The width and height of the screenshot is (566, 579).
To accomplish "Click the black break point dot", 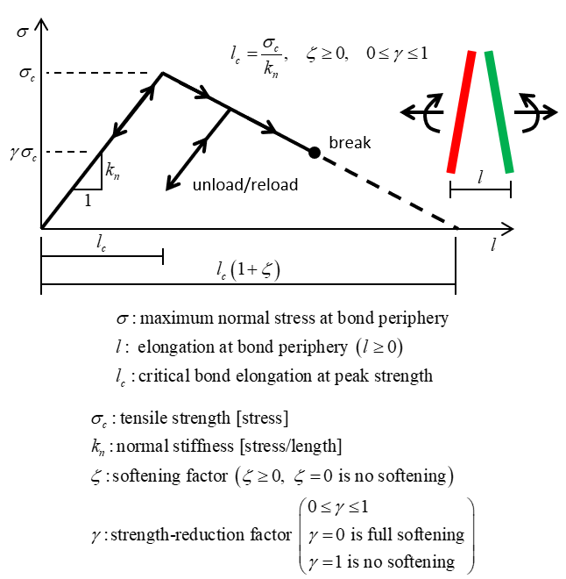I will pyautogui.click(x=314, y=152).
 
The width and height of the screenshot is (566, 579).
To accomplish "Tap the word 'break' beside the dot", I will pyautogui.click(x=350, y=142).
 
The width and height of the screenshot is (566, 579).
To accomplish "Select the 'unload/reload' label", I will pyautogui.click(x=244, y=184).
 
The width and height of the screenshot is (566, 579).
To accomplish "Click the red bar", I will pyautogui.click(x=462, y=111).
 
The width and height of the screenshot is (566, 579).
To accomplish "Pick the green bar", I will pyautogui.click(x=499, y=111).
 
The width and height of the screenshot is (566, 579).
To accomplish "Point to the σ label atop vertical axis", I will pyautogui.click(x=22, y=32).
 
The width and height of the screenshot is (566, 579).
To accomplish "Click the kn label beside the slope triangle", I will pyautogui.click(x=113, y=172).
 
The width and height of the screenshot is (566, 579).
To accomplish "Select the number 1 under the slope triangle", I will pyautogui.click(x=88, y=200).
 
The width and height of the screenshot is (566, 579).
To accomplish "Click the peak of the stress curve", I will pyautogui.click(x=162, y=73).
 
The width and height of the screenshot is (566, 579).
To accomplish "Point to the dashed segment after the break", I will pyautogui.click(x=386, y=189).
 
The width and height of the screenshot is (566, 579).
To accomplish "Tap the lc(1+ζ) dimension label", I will pyautogui.click(x=248, y=272).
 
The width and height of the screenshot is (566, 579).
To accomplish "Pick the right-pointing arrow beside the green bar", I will pyautogui.click(x=542, y=112).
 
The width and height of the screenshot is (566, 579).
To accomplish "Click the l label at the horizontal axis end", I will pyautogui.click(x=494, y=247).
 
